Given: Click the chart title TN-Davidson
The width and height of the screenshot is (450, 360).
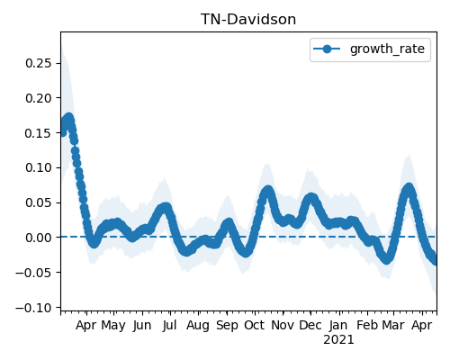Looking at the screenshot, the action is point(248,20).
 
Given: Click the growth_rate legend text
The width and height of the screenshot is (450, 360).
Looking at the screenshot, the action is point(387,49).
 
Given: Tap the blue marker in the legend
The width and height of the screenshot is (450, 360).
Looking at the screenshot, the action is point(327,49).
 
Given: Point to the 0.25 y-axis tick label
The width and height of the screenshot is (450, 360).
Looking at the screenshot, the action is point(39,63).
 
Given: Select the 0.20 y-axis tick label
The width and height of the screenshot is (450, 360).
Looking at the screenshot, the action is point(39,98).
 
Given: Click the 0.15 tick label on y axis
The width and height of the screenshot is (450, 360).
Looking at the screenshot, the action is point(39,133).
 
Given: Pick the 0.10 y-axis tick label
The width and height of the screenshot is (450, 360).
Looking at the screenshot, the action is point(39,167).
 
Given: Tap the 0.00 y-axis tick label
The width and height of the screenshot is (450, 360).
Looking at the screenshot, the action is point(39,238).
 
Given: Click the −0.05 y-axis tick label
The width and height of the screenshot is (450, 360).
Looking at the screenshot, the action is point(33,273).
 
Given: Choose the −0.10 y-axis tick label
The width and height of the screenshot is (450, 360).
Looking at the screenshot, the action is point(33,308).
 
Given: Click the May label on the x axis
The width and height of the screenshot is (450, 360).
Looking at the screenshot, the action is point(113,326).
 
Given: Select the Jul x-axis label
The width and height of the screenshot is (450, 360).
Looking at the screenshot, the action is point(169,325).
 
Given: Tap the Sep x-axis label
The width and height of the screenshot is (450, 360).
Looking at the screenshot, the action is point(227,326).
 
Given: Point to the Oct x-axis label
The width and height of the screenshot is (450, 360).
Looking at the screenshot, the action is point(255,325).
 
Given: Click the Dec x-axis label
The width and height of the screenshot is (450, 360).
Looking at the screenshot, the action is point(310,325).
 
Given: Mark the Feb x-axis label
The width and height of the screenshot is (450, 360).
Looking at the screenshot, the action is point(367,325).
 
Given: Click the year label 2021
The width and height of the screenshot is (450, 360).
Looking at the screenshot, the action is point(338,340).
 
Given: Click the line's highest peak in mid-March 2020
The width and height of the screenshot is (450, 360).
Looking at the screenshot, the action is point(69,118).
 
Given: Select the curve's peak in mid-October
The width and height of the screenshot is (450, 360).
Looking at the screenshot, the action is point(268,191).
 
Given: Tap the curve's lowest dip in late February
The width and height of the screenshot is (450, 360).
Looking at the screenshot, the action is point(387,259).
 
